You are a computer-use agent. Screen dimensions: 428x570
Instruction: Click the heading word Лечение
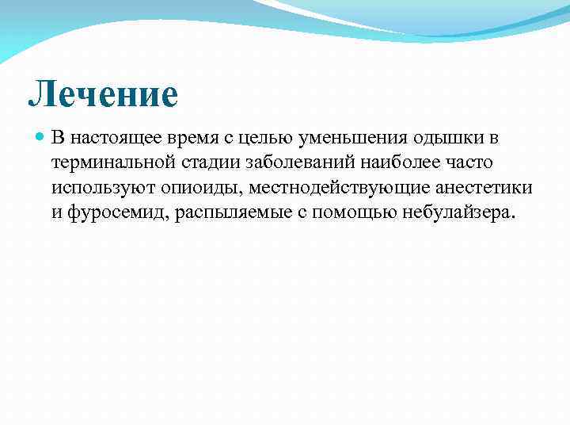tap(103, 95)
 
